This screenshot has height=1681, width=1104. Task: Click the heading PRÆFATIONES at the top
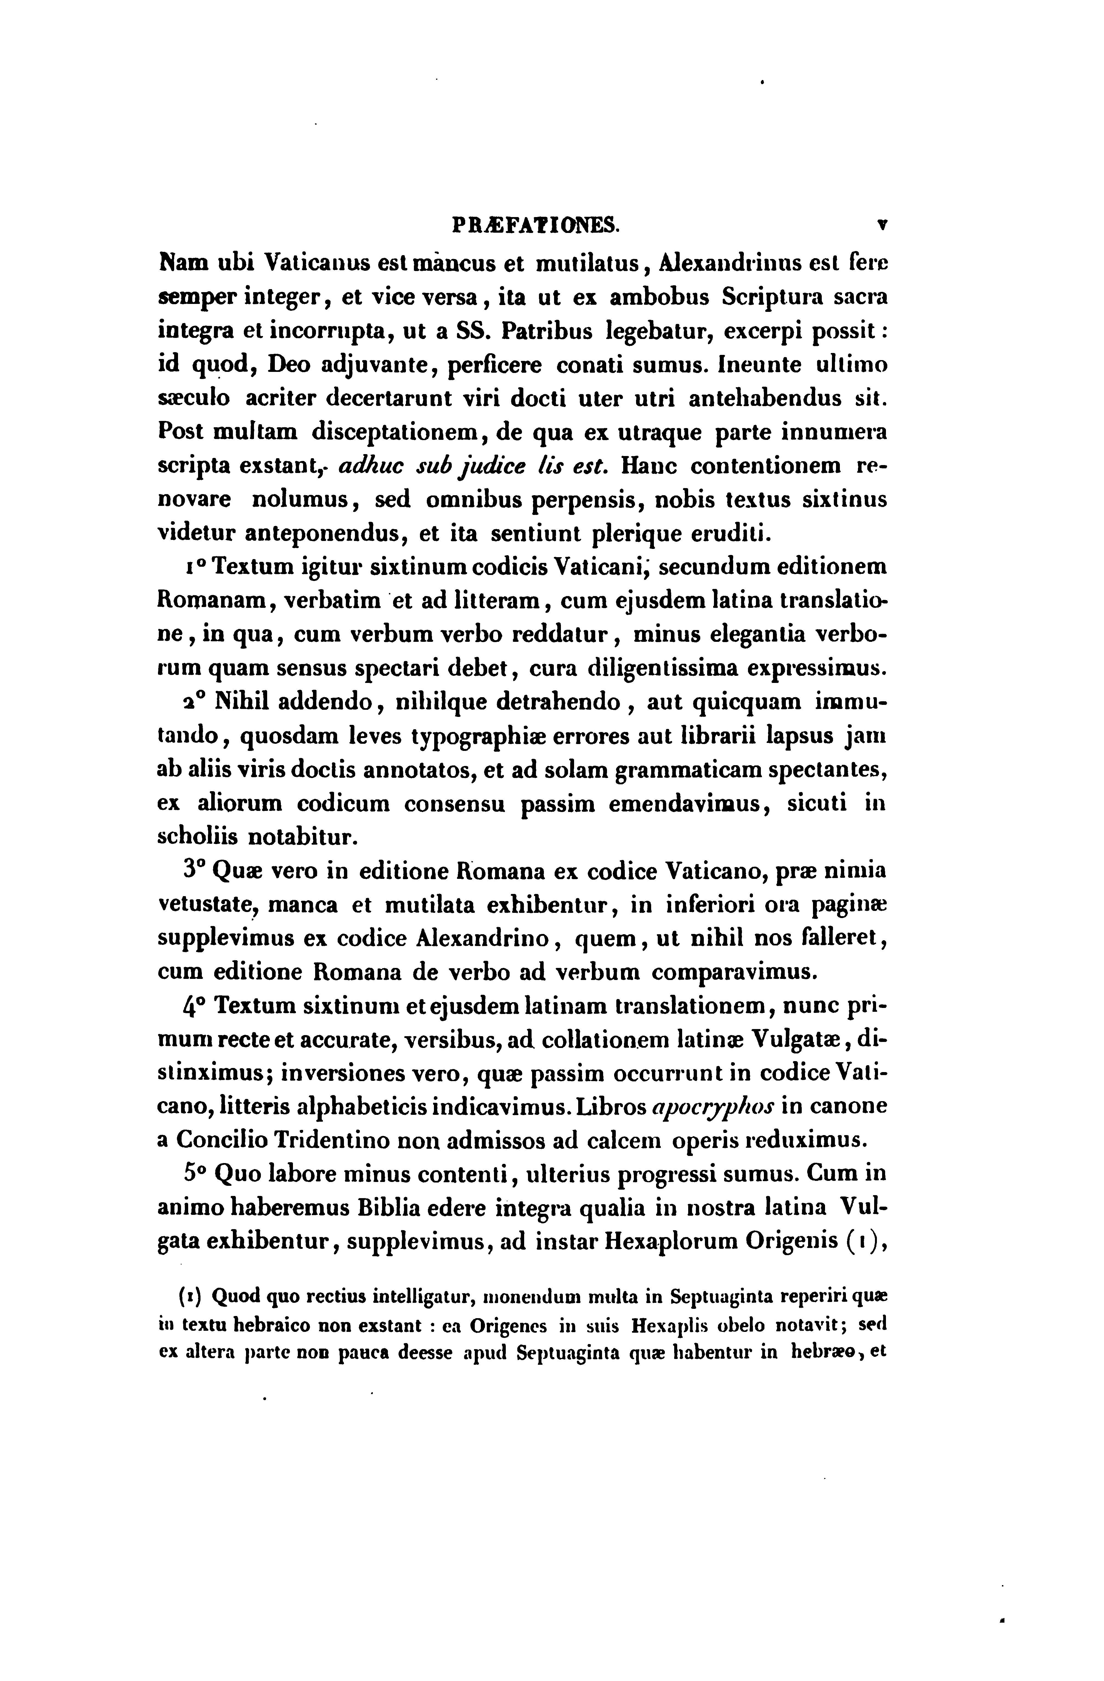point(536,226)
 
